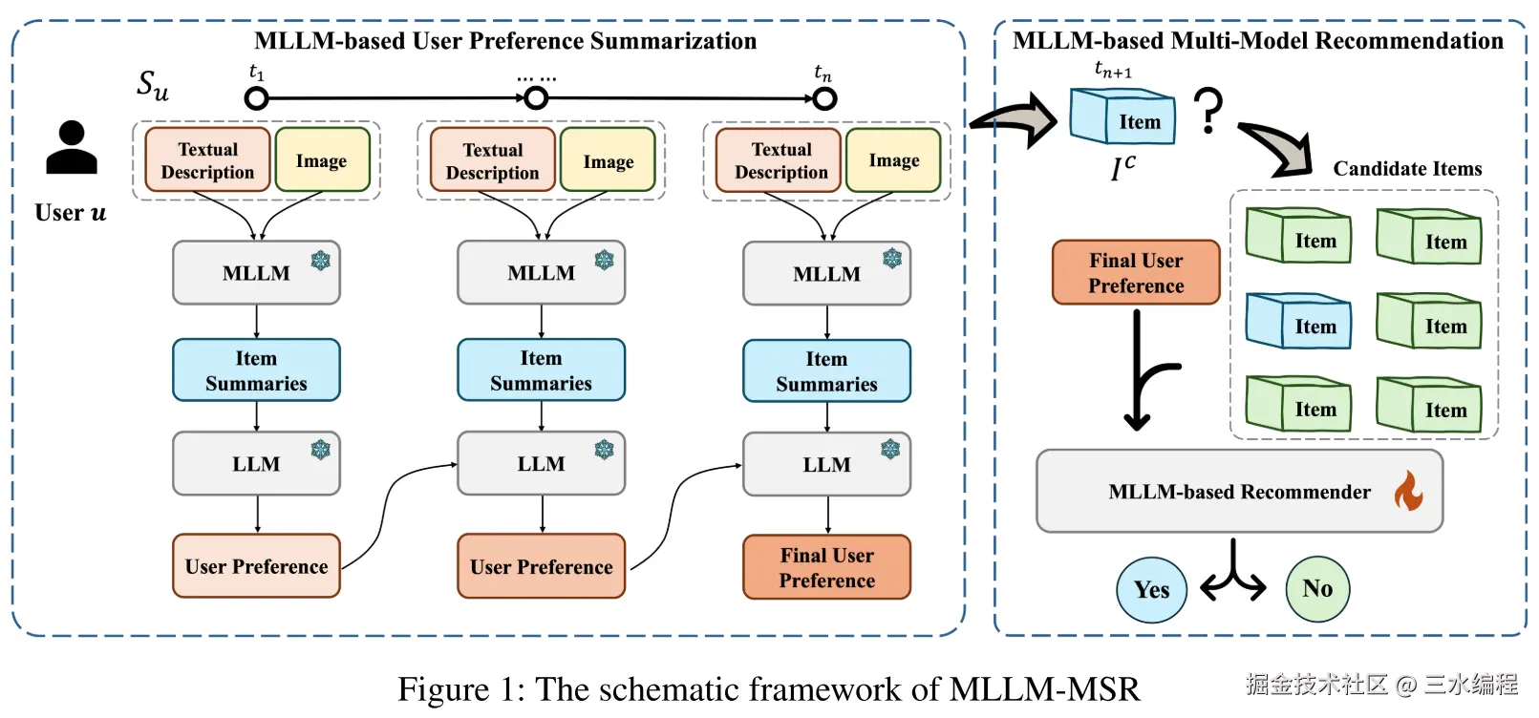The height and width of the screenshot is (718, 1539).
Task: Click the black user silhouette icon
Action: [x=72, y=147]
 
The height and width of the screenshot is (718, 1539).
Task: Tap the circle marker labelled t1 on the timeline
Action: [x=256, y=99]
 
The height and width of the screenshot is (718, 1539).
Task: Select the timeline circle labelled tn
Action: [x=824, y=99]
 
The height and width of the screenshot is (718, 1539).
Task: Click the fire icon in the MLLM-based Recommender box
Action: [x=1408, y=491]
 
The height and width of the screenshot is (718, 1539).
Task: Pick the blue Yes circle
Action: [x=1151, y=590]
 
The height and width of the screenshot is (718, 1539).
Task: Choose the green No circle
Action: [x=1317, y=588]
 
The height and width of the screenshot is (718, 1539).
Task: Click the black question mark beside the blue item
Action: [x=1208, y=110]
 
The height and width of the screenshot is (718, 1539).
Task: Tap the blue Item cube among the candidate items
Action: [x=1298, y=321]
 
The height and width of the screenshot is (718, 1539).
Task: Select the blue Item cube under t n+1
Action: [x=1122, y=116]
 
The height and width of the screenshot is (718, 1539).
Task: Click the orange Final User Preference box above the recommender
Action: [x=1136, y=272]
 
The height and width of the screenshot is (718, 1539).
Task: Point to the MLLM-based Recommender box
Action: [x=1239, y=491]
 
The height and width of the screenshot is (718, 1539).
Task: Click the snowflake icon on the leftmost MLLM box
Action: [x=320, y=261]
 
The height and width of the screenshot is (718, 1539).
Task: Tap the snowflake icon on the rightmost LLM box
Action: [x=890, y=450]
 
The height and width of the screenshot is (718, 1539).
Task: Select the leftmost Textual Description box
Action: [x=207, y=160]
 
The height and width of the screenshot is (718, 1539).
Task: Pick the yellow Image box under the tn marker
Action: [x=893, y=160]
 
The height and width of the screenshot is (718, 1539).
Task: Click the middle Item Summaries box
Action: [x=542, y=370]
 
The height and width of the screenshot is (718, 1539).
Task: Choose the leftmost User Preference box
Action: [x=256, y=565]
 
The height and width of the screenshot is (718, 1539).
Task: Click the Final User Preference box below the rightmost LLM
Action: [x=827, y=567]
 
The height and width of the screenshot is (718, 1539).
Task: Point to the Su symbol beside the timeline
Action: [x=153, y=86]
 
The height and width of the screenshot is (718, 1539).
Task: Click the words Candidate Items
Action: [x=1407, y=169]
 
